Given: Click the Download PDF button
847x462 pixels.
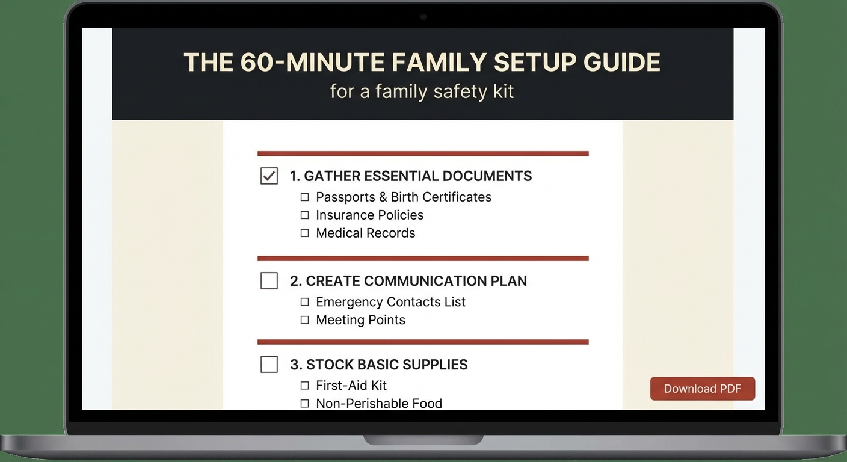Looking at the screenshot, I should coord(702,389).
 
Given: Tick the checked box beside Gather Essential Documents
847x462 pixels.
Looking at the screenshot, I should coord(269,176).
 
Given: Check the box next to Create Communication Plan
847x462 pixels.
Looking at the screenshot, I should coord(269,280).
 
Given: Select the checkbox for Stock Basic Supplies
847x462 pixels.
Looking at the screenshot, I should coord(269,364).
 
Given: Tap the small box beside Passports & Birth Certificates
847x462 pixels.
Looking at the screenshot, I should coord(304,197).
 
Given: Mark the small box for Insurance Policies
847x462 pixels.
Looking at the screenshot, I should coord(304,215).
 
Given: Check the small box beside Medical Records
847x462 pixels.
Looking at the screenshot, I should coord(304,233).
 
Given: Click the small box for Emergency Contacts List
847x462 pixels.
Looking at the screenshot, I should coord(304,301).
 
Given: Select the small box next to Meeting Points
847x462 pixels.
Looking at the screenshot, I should coord(304,319).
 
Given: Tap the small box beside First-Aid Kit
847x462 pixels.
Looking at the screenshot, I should coord(304,385).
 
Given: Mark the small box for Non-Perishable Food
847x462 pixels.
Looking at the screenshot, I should coord(304,403).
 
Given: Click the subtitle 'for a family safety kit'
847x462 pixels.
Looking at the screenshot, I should coord(422,91).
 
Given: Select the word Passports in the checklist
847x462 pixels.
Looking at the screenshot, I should coord(345,197).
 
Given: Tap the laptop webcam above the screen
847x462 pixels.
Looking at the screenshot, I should coord(423,16).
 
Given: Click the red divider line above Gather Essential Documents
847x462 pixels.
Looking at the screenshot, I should coord(423,153).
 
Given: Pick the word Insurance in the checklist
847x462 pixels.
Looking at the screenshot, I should coord(343,215).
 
